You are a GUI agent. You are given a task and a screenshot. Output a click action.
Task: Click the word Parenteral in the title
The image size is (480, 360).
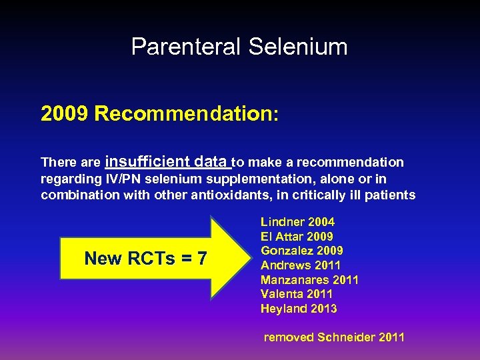click(x=187, y=47)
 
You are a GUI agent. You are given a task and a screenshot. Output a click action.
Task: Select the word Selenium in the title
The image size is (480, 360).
click(x=298, y=47)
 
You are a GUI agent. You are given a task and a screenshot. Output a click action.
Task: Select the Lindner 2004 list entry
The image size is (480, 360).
click(x=297, y=222)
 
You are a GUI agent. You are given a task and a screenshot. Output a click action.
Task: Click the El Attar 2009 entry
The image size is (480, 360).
click(x=297, y=237)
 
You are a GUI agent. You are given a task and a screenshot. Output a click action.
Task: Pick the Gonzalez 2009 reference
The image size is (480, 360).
click(x=302, y=251)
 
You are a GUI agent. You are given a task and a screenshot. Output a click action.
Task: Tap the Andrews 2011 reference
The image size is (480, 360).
click(x=301, y=265)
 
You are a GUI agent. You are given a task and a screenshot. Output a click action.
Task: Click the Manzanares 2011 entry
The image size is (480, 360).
click(x=309, y=280)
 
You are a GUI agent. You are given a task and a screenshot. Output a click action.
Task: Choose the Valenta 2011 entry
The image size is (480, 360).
click(x=297, y=294)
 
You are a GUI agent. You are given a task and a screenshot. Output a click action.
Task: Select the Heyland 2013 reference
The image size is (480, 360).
click(x=299, y=309)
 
